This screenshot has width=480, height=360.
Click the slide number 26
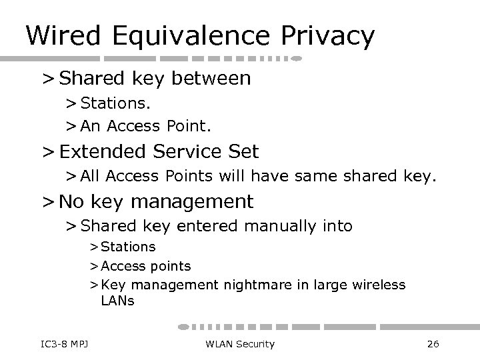[x=432, y=343]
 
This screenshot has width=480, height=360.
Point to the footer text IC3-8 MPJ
[x=65, y=343]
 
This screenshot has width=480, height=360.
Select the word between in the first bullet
[x=211, y=79]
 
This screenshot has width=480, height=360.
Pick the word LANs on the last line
[x=117, y=301]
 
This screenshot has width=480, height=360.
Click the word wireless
[x=378, y=285]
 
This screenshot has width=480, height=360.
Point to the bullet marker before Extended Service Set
[x=48, y=153]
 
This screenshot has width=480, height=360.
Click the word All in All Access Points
[x=91, y=177]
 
